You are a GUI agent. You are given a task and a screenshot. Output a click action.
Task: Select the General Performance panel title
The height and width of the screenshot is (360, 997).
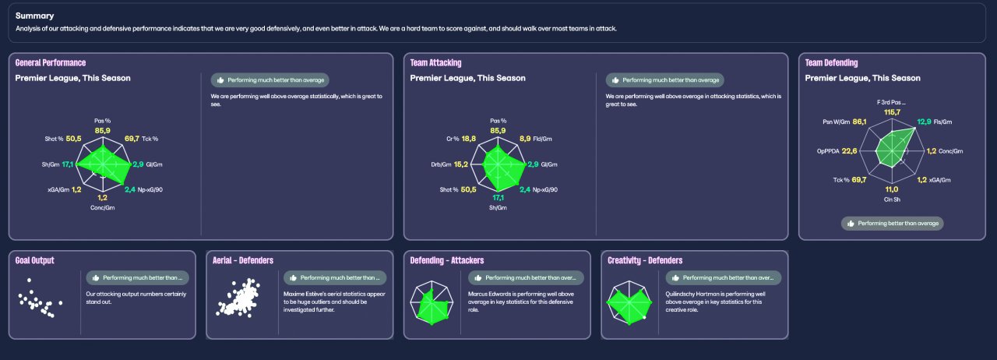click(x=51, y=62)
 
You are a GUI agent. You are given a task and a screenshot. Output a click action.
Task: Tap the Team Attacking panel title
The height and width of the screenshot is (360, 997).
click(x=435, y=62)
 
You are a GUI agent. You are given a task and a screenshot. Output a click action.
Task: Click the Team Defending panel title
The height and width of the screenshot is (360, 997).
click(x=831, y=62)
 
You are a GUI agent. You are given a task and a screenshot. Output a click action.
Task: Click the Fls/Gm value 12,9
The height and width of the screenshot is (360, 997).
click(x=924, y=122)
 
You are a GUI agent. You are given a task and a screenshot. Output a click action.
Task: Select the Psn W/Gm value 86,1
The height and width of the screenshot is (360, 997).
click(x=860, y=122)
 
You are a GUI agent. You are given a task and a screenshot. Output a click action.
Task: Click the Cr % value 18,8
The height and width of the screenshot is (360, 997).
click(x=469, y=139)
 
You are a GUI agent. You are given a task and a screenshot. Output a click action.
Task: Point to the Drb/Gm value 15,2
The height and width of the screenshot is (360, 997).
click(x=460, y=164)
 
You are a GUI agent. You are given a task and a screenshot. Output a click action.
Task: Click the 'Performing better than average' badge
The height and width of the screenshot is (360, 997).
click(x=893, y=224)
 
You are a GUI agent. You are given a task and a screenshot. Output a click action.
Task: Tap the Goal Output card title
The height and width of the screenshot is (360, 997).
click(x=35, y=260)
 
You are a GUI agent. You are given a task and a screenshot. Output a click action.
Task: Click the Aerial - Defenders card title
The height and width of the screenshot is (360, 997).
click(x=243, y=260)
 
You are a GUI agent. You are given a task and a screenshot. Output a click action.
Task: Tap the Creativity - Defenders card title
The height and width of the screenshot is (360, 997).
click(x=645, y=260)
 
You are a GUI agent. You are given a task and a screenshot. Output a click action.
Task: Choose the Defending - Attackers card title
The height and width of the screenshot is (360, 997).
click(x=448, y=260)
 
